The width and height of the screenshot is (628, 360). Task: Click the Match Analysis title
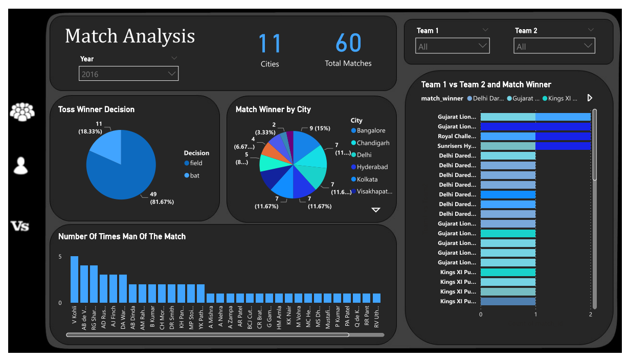coord(130,36)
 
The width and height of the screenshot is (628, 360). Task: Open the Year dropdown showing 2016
coord(128,74)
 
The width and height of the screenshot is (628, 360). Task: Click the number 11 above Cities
coord(270,43)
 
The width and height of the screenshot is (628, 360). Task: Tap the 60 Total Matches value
coord(348,43)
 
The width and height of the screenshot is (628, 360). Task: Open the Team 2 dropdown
coord(554,46)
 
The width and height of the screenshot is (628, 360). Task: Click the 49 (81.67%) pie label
coord(161,198)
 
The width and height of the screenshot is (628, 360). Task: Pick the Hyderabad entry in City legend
coord(372,167)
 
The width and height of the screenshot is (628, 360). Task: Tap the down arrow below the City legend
coord(376,210)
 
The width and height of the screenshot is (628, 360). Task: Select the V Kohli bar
coord(74,279)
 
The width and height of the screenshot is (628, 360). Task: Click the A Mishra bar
coord(211,298)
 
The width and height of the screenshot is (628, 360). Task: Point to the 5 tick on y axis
coord(60,257)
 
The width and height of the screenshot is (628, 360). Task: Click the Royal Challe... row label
coord(457,137)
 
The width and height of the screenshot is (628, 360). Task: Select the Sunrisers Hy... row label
coord(457,146)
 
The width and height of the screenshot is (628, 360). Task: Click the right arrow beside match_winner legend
coord(590,98)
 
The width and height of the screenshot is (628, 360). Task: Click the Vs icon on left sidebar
coord(20,226)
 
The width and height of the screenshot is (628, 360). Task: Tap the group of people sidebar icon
coord(22,111)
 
